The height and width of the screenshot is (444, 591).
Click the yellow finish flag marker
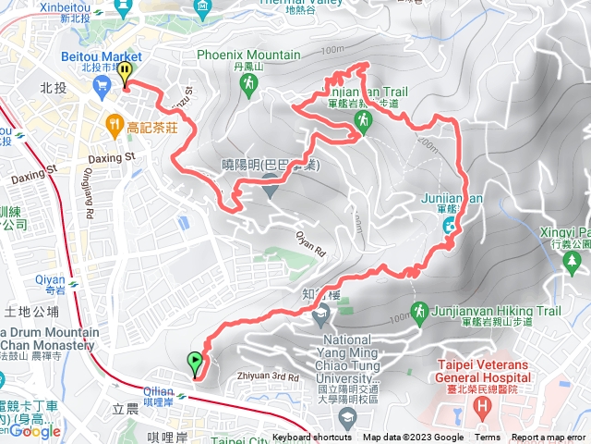coord(125,73)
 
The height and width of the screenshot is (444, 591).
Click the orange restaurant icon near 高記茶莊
coord(114,121)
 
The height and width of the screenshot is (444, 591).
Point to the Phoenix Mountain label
coord(247,55)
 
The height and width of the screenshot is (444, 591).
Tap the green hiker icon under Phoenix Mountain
coord(247,85)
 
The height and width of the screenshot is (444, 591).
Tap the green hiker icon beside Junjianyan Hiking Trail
coord(418,311)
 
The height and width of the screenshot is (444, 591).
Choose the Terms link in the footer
coord(488,438)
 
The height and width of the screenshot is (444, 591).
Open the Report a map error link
coord(549,438)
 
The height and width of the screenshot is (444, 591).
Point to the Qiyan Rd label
coord(311,244)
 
